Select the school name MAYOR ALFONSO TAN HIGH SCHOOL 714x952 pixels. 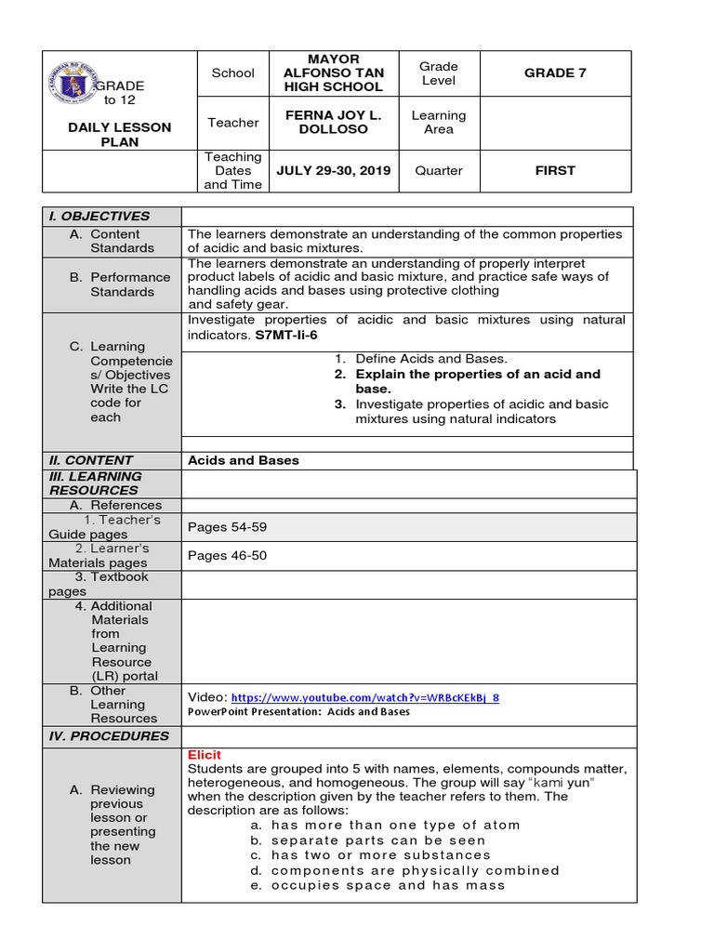(333, 73)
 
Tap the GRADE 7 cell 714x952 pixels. (554, 73)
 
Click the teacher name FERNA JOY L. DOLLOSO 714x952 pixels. (333, 123)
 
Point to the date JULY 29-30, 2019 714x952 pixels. (333, 171)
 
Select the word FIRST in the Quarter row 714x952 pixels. (554, 171)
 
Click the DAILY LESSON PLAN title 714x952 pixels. (120, 135)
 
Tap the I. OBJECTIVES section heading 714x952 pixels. (99, 216)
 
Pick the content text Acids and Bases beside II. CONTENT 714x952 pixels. (244, 460)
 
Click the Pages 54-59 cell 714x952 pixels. (227, 527)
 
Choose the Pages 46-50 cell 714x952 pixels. (227, 556)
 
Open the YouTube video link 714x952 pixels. (364, 697)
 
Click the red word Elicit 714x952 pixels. (205, 755)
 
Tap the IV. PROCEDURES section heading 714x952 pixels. (109, 736)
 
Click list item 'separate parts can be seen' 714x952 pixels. (378, 840)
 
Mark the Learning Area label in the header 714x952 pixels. (439, 123)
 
